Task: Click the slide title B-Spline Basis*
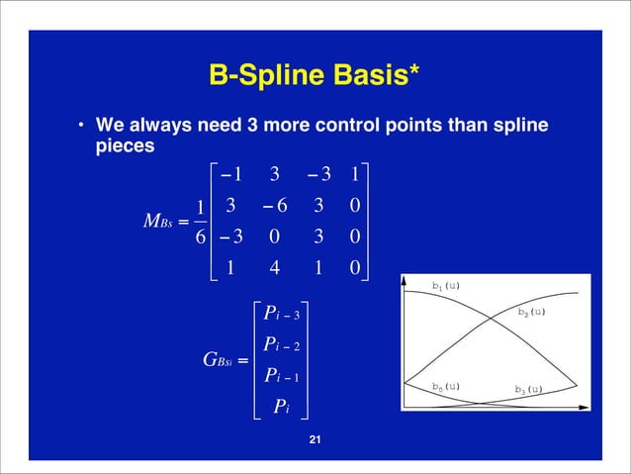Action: click(315, 75)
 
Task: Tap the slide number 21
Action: click(315, 440)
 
